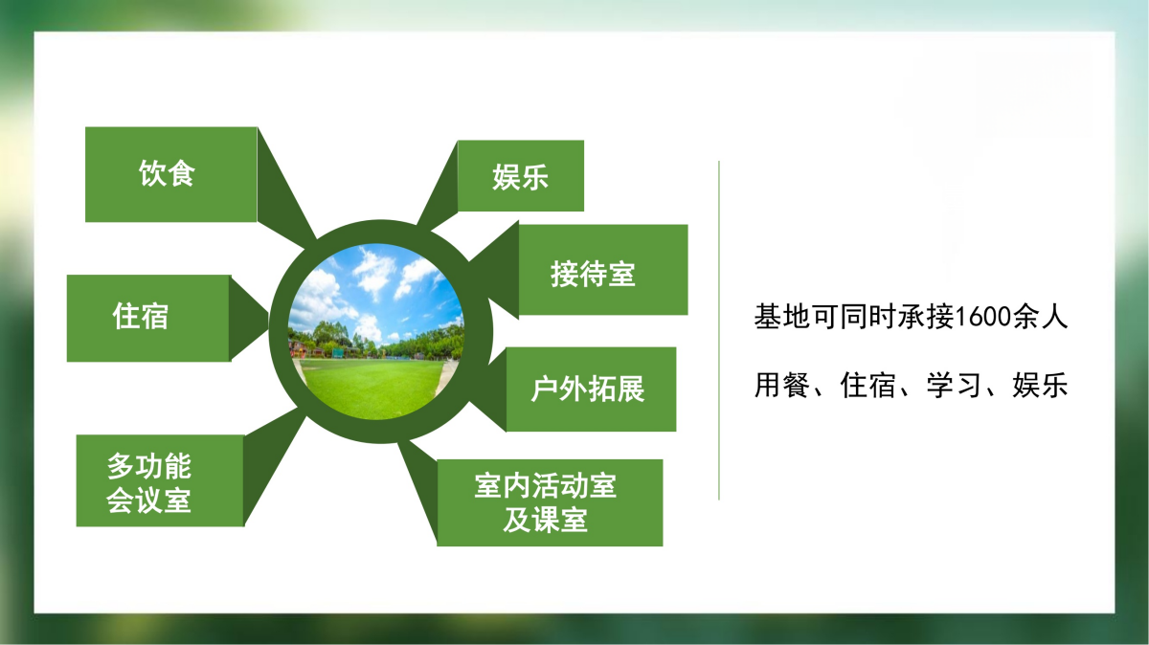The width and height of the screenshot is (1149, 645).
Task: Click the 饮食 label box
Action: [x=170, y=174]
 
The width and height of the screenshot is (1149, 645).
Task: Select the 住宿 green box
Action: [x=148, y=318]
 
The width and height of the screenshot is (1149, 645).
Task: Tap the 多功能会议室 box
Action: [x=160, y=480]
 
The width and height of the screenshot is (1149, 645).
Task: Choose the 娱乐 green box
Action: [x=521, y=175]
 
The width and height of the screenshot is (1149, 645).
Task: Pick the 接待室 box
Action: [x=603, y=270]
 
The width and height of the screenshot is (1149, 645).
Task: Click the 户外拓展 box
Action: [x=591, y=389]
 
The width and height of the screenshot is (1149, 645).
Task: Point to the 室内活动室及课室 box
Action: [x=550, y=502]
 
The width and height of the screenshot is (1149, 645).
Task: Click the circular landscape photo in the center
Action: [x=376, y=332]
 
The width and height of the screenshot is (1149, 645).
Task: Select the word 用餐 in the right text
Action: [x=782, y=385]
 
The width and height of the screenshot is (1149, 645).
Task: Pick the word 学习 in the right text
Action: [x=954, y=385]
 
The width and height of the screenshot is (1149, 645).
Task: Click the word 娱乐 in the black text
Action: [x=1040, y=385]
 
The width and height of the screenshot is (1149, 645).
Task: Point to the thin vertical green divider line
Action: [x=719, y=330]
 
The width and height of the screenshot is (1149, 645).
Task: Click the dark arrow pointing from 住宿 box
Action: [x=247, y=318]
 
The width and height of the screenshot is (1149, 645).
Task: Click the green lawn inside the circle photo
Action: [x=372, y=388]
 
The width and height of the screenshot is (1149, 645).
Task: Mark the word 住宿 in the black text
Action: [x=867, y=385]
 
